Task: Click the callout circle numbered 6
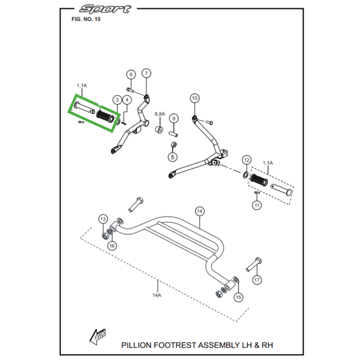[130, 75]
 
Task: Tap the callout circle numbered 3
[117, 100]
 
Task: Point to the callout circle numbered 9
[174, 119]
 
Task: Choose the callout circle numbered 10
[194, 98]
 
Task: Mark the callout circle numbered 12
[246, 160]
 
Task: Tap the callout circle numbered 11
[257, 206]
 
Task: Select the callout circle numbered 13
[103, 219]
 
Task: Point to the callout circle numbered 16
[112, 245]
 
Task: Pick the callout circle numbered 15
[238, 297]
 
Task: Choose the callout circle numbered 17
[257, 280]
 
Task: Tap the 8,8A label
[160, 114]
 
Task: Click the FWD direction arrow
[98, 337]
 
